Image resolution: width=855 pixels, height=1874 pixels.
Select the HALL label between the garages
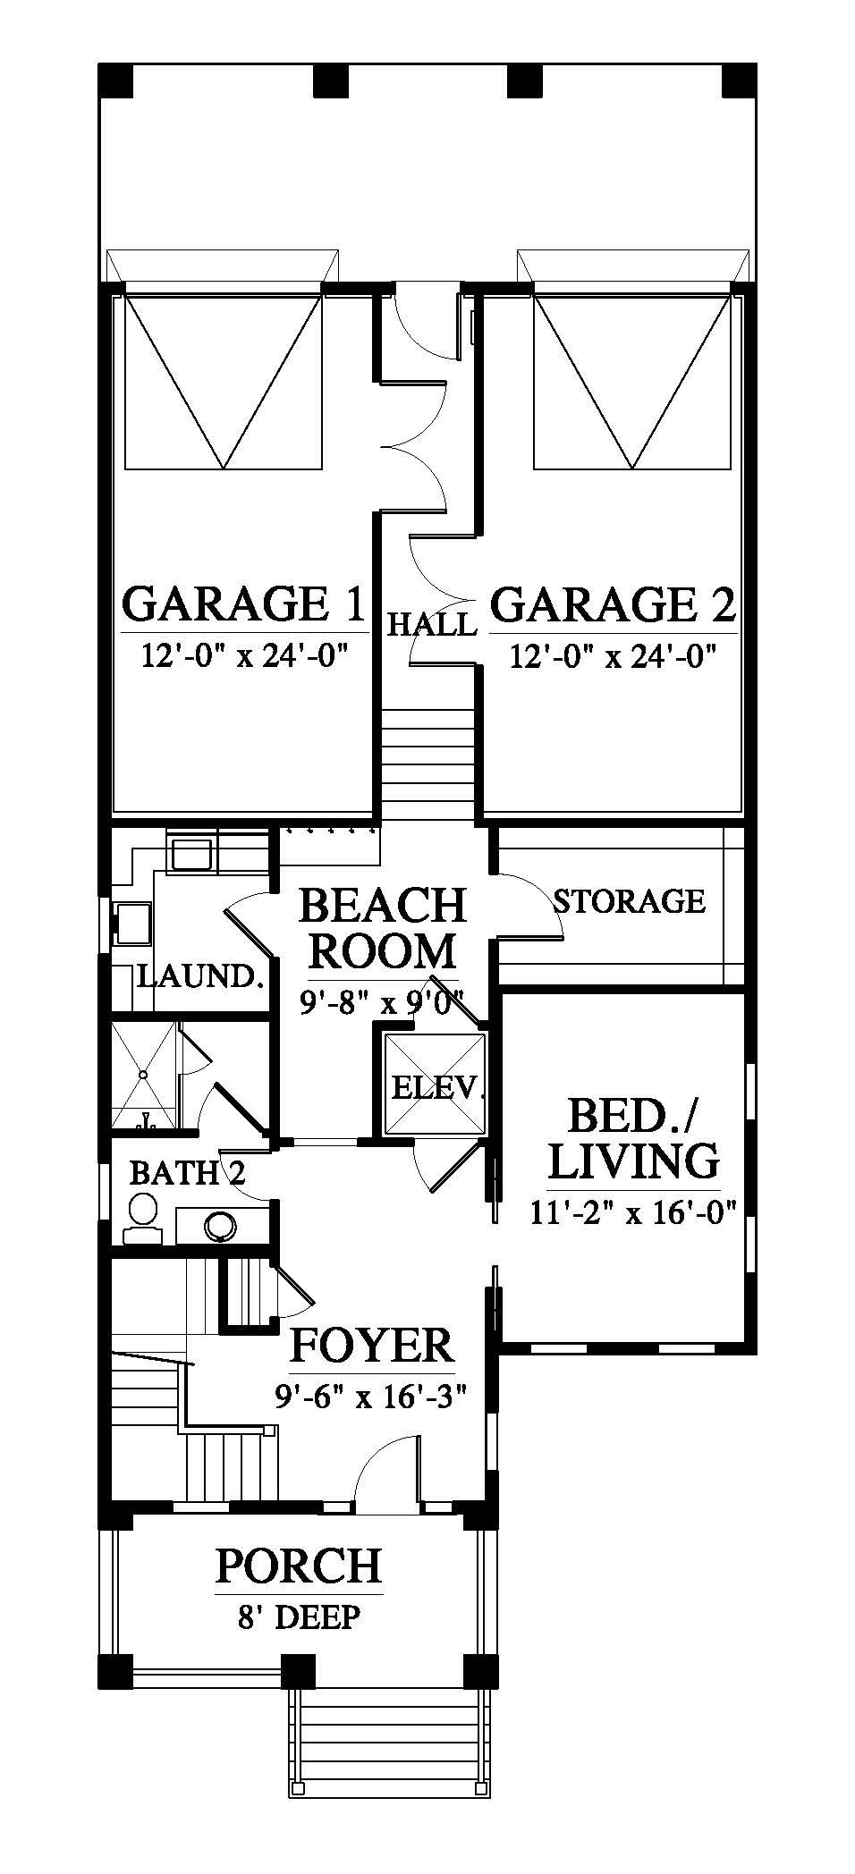(x=431, y=623)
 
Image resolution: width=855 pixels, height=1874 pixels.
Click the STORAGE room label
(x=630, y=900)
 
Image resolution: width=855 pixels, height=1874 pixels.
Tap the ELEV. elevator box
(x=435, y=1085)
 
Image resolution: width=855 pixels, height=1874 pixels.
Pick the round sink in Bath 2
(x=219, y=1225)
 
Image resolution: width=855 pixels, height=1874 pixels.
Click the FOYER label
(x=373, y=1346)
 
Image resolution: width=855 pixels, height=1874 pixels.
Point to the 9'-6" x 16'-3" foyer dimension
(x=373, y=1395)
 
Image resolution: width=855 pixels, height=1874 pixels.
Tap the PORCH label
(x=299, y=1566)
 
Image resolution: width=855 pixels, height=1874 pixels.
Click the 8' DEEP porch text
(x=299, y=1617)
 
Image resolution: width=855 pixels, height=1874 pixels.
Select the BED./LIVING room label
(x=633, y=1138)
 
